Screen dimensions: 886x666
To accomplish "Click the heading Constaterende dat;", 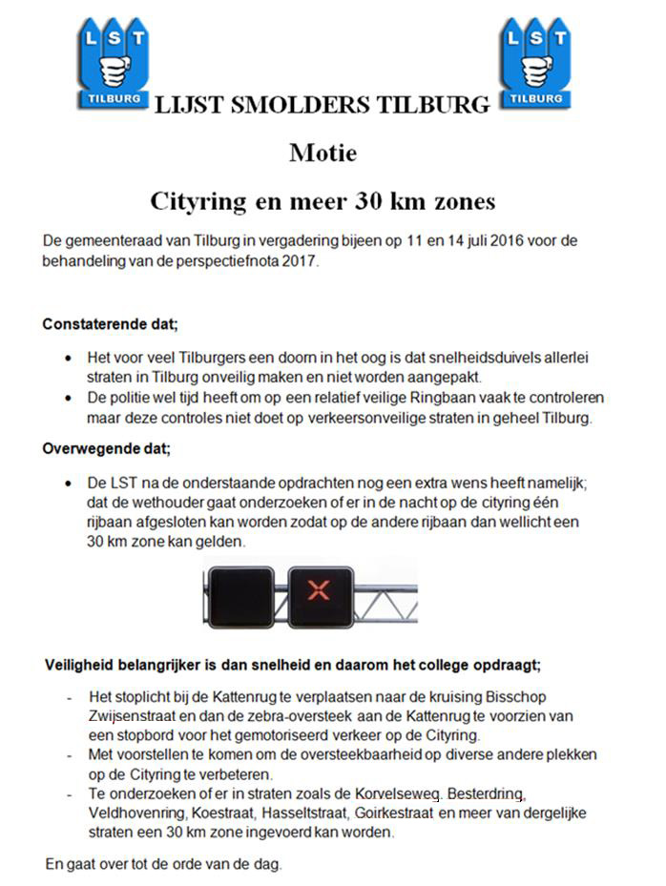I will [110, 323].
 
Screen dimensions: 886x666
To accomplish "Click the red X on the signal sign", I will [319, 589].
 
